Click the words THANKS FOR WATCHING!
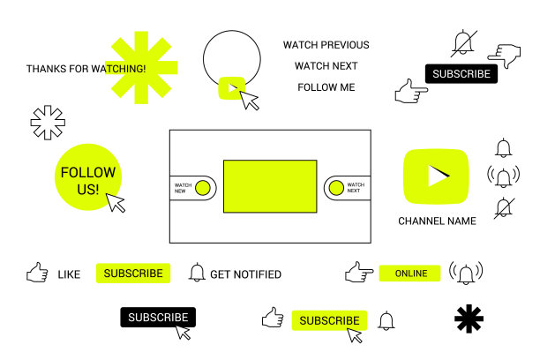pos(86,69)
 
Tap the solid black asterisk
pos(469,319)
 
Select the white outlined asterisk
pos(48,123)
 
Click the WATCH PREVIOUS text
pos(326,45)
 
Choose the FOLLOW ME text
pos(326,87)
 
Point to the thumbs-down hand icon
pos(505,56)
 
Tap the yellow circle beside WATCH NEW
pos(203,188)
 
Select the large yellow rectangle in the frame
pos(270,186)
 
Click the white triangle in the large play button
pos(437,176)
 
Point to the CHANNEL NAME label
pos(437,221)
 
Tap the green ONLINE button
pos(409,274)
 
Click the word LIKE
pos(69,274)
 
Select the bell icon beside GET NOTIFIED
pos(197,273)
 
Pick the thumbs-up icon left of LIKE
pos(37,273)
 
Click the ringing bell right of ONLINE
pos(466,274)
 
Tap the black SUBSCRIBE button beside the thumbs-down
pos(461,74)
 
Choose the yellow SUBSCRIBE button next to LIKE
pos(133,274)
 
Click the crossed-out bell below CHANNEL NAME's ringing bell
pos(504,208)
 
